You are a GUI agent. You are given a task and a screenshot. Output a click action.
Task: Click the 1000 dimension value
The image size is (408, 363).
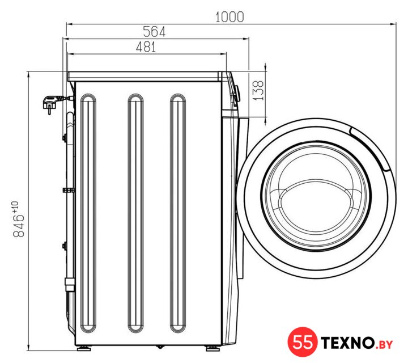coord(229,17)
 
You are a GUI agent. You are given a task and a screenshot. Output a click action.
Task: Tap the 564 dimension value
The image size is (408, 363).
coord(154,32)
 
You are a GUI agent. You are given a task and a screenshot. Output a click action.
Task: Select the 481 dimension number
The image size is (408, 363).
coord(146,47)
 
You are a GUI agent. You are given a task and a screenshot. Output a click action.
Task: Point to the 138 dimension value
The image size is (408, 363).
coord(258,90)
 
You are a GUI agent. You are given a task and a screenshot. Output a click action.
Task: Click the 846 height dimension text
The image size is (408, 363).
coord(19,226)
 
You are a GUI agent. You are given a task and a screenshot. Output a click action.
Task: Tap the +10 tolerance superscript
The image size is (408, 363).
coord(15,207)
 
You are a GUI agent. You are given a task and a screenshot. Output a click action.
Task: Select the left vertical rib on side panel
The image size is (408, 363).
coord(88,213)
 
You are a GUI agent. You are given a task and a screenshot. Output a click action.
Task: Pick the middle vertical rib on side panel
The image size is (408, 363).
coord(135,213)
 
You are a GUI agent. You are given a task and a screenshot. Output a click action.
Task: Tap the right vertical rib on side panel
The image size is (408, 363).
coord(178,213)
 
